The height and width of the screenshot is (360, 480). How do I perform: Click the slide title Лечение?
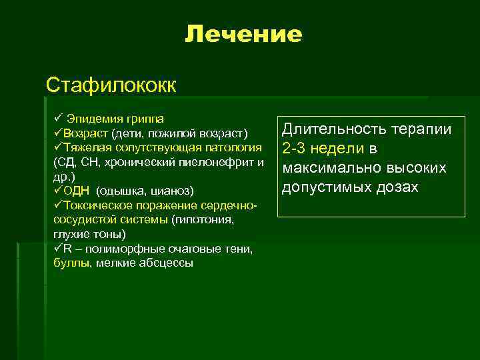[243, 34]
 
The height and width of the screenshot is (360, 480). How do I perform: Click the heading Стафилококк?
[111, 85]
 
